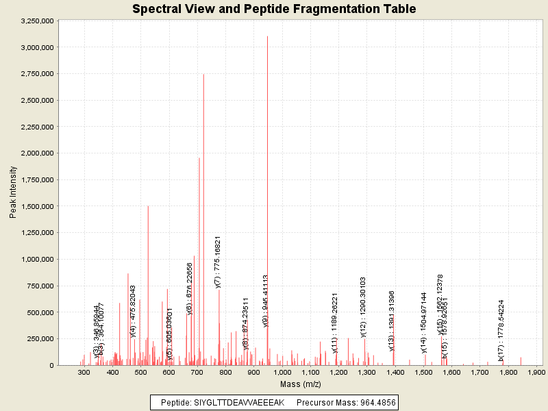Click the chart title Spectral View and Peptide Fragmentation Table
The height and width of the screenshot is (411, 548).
[274, 9]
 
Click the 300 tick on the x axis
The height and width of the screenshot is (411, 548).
[84, 373]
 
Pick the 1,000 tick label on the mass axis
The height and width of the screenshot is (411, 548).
[282, 373]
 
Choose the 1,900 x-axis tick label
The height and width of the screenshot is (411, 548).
[535, 373]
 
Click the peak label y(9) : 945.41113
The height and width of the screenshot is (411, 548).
[265, 301]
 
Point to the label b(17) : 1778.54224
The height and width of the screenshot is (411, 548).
[501, 330]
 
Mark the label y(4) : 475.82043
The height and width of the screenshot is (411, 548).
[133, 311]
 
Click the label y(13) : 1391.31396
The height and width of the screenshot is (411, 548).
[391, 321]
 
